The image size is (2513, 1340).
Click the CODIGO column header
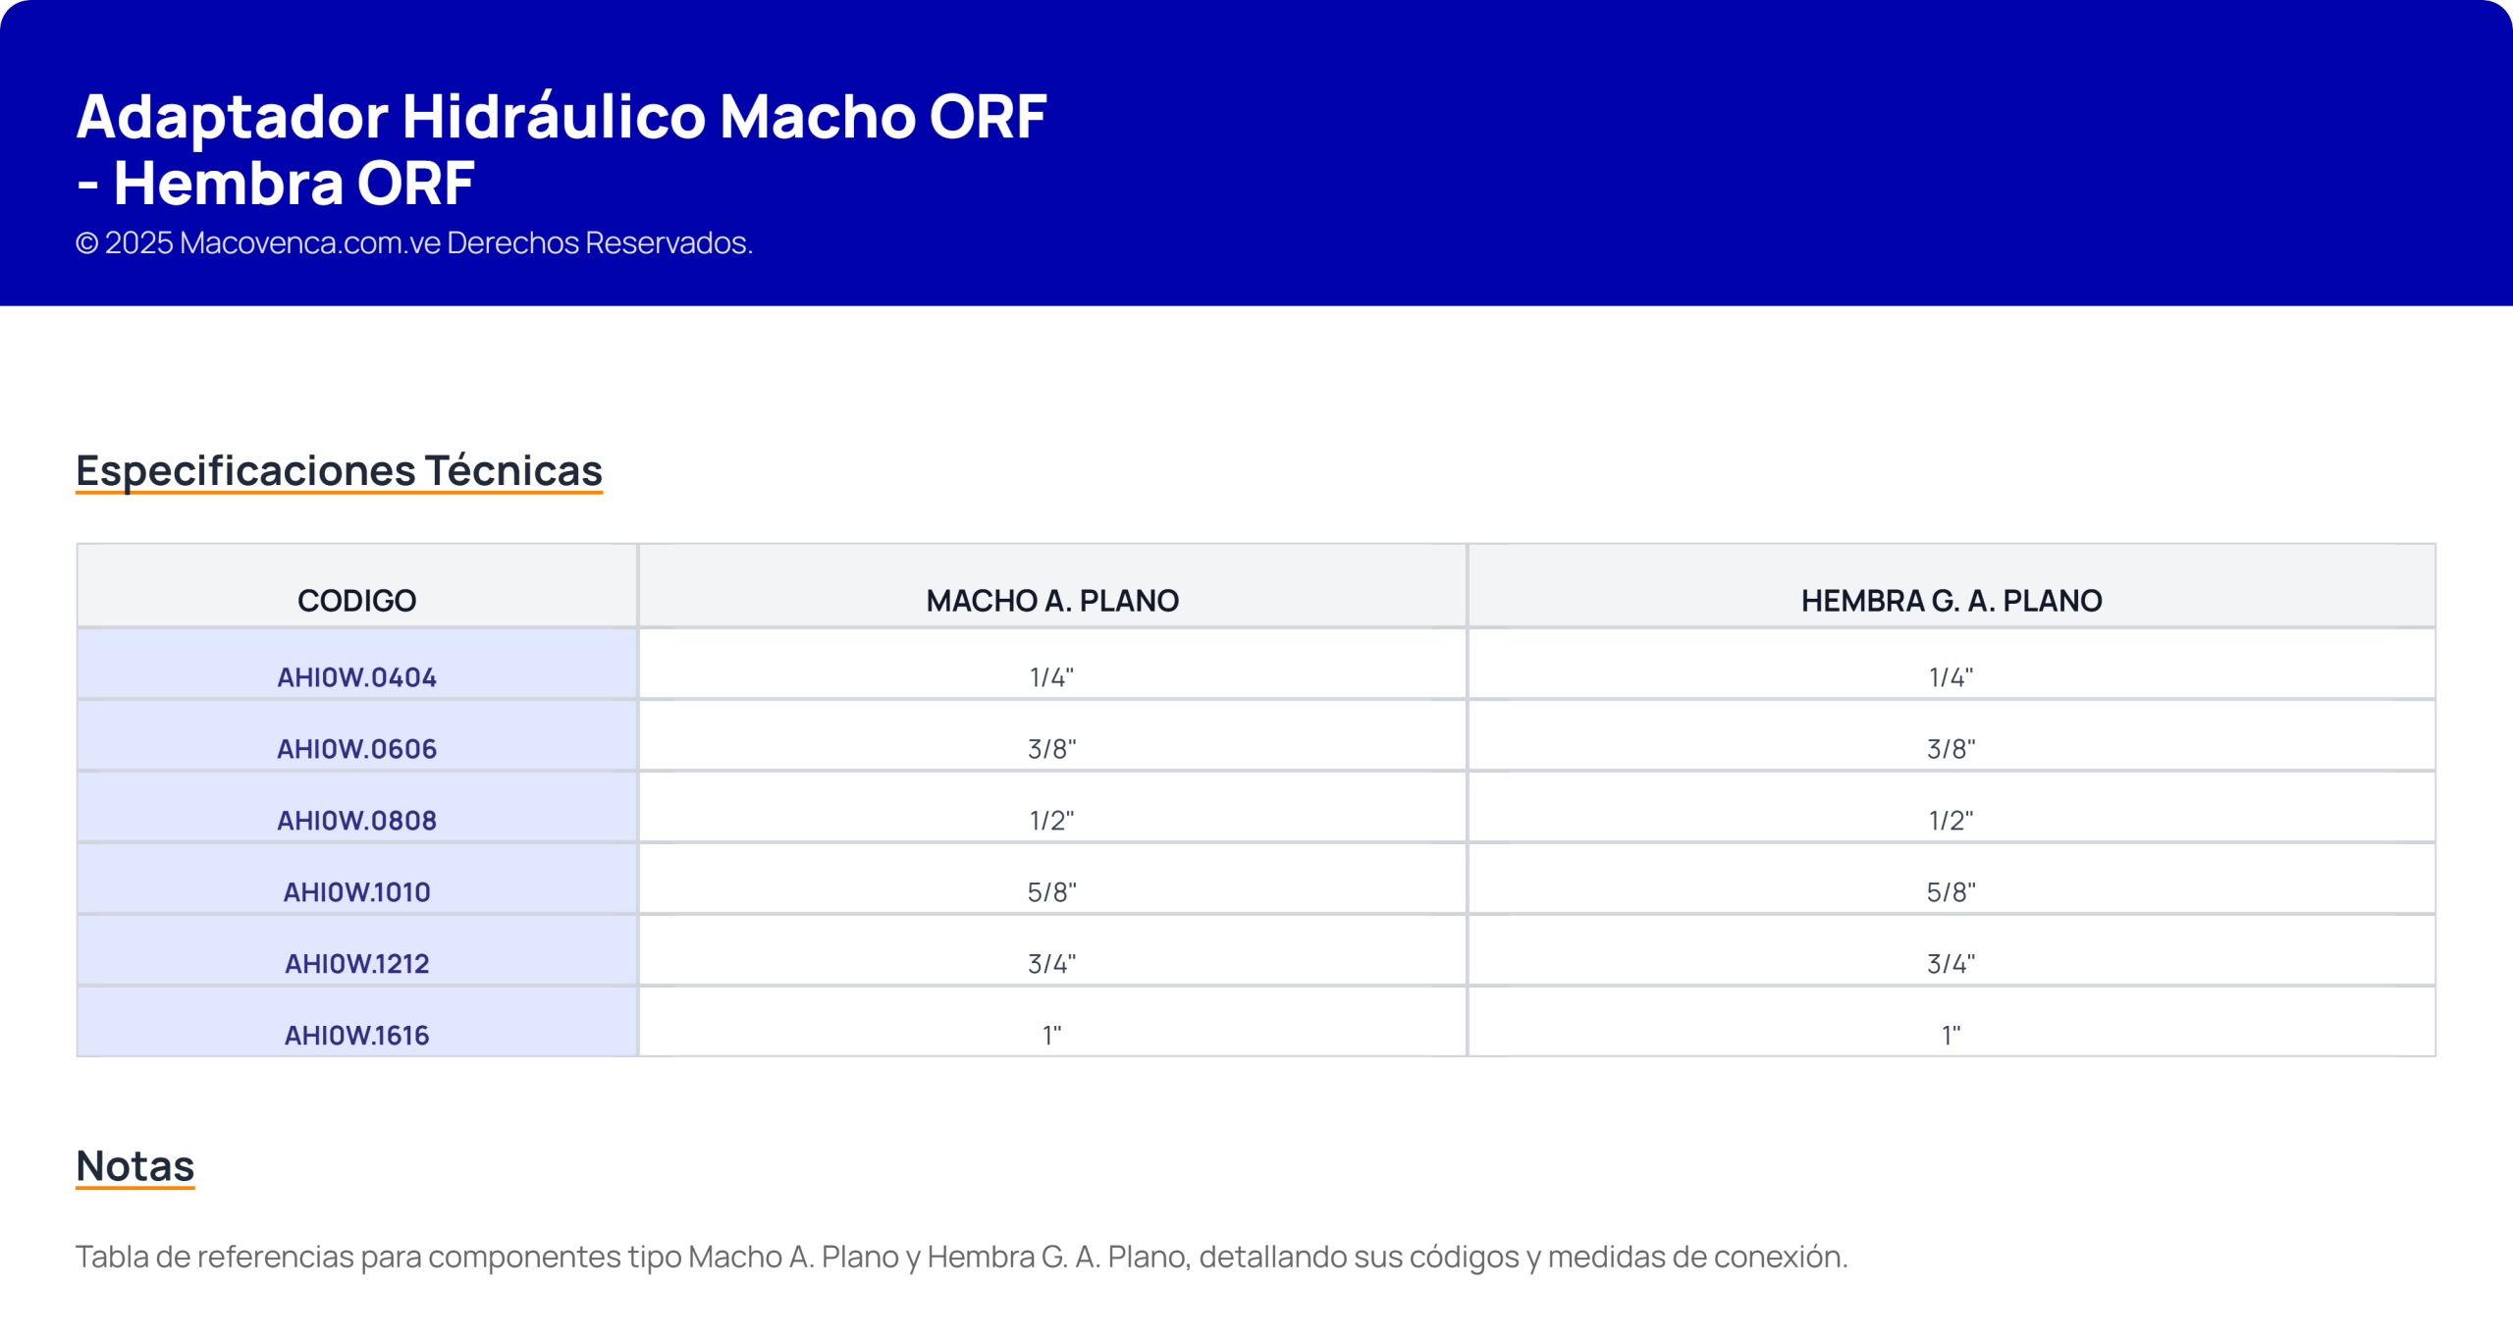pos(356,601)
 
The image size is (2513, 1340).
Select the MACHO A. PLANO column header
pos(1052,601)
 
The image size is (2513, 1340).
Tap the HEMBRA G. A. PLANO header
pos(1952,601)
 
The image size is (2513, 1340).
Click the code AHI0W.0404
pos(356,677)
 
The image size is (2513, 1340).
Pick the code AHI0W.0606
pos(356,749)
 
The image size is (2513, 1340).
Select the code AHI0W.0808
pos(356,821)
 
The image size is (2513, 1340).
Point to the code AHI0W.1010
pos(356,892)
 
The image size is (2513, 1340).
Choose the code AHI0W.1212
pos(356,964)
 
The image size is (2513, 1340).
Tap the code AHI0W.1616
pos(356,1036)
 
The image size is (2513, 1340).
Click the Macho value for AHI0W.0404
pos(1051,677)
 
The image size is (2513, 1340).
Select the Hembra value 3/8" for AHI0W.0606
pos(1952,749)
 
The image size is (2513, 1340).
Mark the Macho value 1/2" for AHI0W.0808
pos(1051,821)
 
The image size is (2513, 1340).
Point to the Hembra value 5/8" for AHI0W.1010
pos(1952,892)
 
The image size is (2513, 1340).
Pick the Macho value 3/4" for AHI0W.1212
pos(1051,964)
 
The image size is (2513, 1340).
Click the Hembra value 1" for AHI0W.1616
pos(1952,1036)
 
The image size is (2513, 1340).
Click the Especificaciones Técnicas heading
pos(339,471)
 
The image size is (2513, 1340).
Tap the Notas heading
pos(135,1166)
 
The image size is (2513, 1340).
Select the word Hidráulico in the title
pos(554,116)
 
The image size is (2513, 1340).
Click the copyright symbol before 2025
pos(87,242)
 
